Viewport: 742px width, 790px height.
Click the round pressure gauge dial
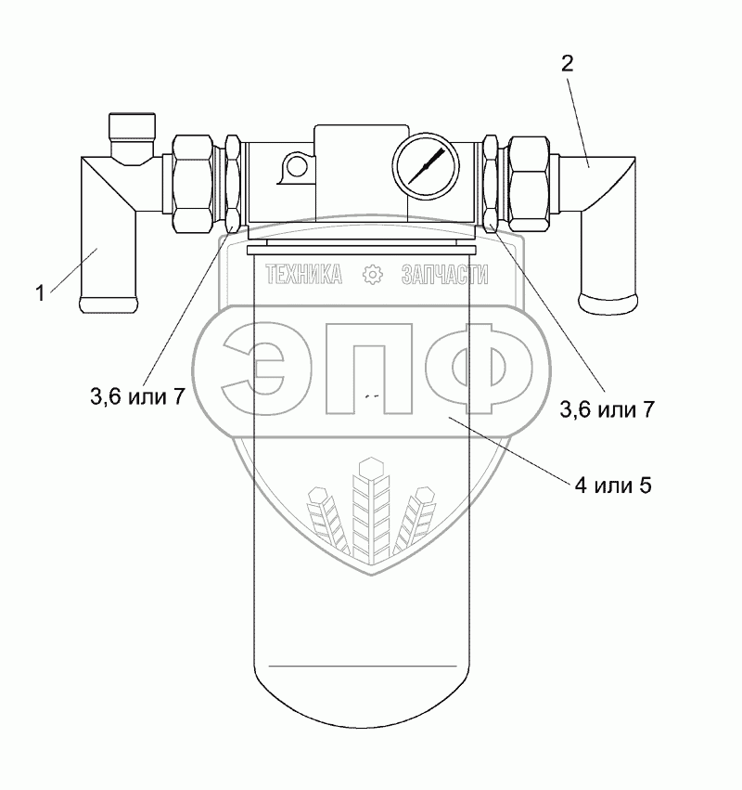click(426, 166)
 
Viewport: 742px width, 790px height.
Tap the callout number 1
click(40, 293)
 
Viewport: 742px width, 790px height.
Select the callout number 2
click(567, 63)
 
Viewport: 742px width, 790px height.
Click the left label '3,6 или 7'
click(138, 397)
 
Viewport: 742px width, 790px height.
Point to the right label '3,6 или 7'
click(608, 409)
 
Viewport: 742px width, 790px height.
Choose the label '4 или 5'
click(613, 486)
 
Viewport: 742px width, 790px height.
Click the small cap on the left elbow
click(133, 127)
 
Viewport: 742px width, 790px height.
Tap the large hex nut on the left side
click(192, 184)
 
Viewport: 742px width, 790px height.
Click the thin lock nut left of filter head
click(232, 184)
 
